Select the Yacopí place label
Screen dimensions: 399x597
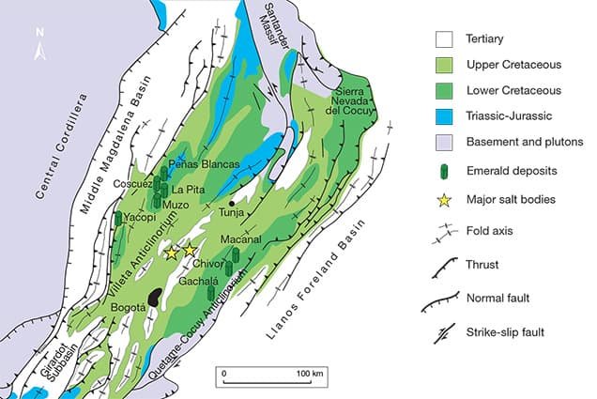138,217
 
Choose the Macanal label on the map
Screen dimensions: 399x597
238,241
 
